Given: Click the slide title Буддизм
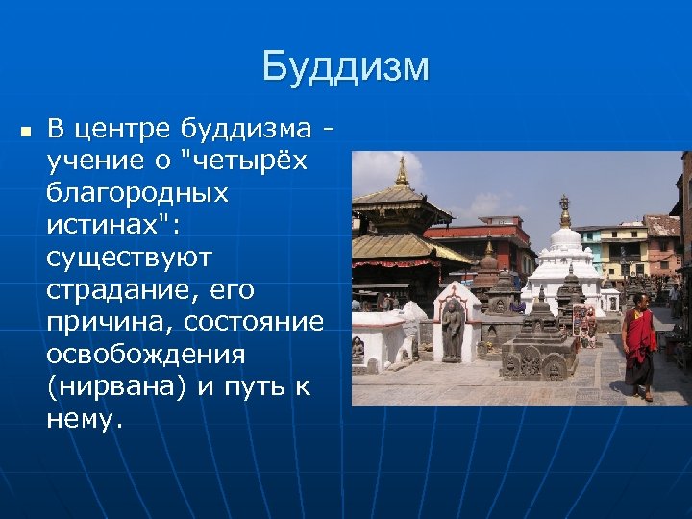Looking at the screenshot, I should pyautogui.click(x=345, y=67).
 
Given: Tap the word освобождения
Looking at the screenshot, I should pyautogui.click(x=145, y=355).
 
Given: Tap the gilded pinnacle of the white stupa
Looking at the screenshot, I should pyautogui.click(x=564, y=210).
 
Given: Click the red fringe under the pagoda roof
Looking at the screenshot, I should pyautogui.click(x=394, y=262).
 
